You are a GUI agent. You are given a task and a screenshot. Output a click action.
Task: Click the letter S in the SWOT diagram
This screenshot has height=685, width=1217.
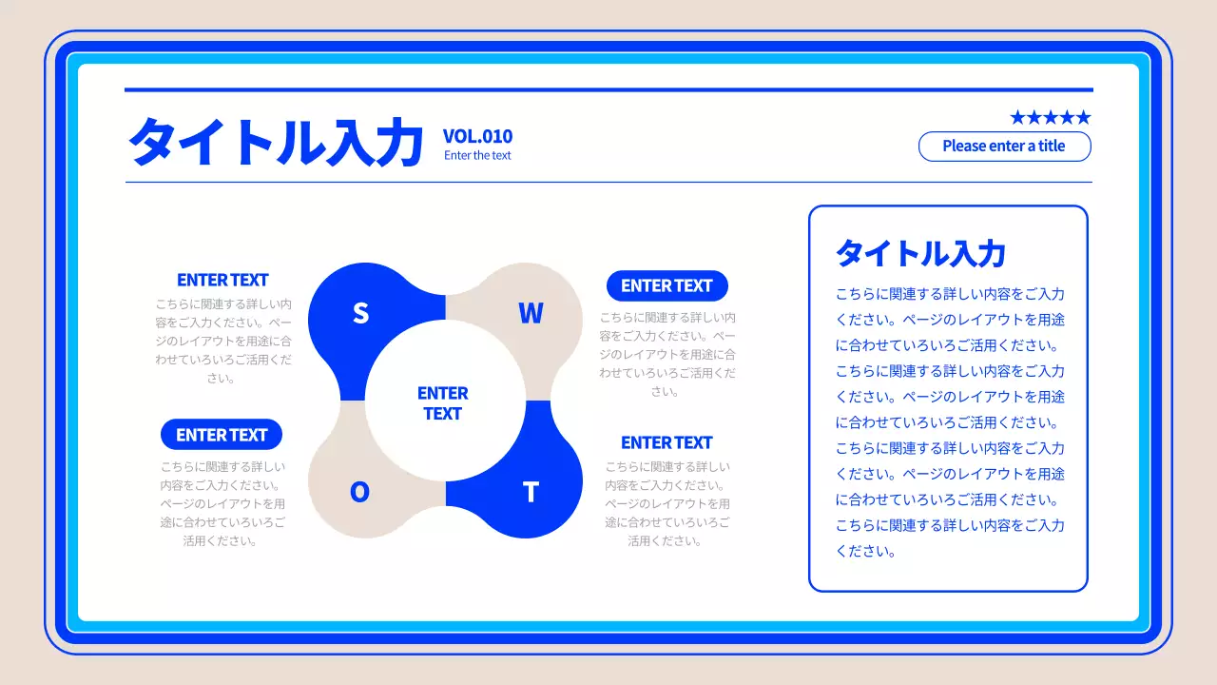360,312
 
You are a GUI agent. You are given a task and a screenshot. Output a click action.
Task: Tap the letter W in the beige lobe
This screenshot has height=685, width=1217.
531,313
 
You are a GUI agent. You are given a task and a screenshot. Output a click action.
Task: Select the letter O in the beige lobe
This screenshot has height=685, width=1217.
359,492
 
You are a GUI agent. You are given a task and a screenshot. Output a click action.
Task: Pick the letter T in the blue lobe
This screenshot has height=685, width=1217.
531,492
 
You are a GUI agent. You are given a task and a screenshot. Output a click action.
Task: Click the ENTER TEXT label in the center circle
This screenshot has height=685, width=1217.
443,403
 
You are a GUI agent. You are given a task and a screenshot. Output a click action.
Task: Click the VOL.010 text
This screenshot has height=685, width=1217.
477,136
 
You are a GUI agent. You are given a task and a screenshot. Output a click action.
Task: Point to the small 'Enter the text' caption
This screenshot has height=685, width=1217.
477,155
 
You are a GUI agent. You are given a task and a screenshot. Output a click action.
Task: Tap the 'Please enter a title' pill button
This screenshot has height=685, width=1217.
1004,147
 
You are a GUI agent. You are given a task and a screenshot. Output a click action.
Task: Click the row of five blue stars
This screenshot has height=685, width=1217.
1050,117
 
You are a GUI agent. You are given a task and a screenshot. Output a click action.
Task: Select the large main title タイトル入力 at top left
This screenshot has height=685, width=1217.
276,143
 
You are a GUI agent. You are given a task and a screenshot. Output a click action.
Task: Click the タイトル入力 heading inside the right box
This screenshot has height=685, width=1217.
920,253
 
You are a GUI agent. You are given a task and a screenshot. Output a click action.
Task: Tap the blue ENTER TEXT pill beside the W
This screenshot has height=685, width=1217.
666,285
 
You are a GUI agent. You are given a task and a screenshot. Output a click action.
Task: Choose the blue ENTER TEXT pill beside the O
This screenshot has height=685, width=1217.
222,435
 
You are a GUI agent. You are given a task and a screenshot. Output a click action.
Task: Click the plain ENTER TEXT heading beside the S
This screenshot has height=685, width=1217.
222,280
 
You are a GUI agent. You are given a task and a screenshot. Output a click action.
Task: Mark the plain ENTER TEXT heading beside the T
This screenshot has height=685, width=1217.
666,442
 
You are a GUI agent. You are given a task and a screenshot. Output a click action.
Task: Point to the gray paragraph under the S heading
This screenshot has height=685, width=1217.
222,341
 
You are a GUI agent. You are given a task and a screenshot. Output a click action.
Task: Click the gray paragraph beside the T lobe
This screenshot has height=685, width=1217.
667,503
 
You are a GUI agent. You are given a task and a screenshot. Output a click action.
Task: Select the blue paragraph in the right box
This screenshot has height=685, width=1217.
950,422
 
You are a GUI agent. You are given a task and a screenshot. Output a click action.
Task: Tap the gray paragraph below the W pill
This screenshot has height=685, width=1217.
667,354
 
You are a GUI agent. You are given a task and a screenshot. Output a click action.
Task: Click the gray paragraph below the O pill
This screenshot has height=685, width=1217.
222,503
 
